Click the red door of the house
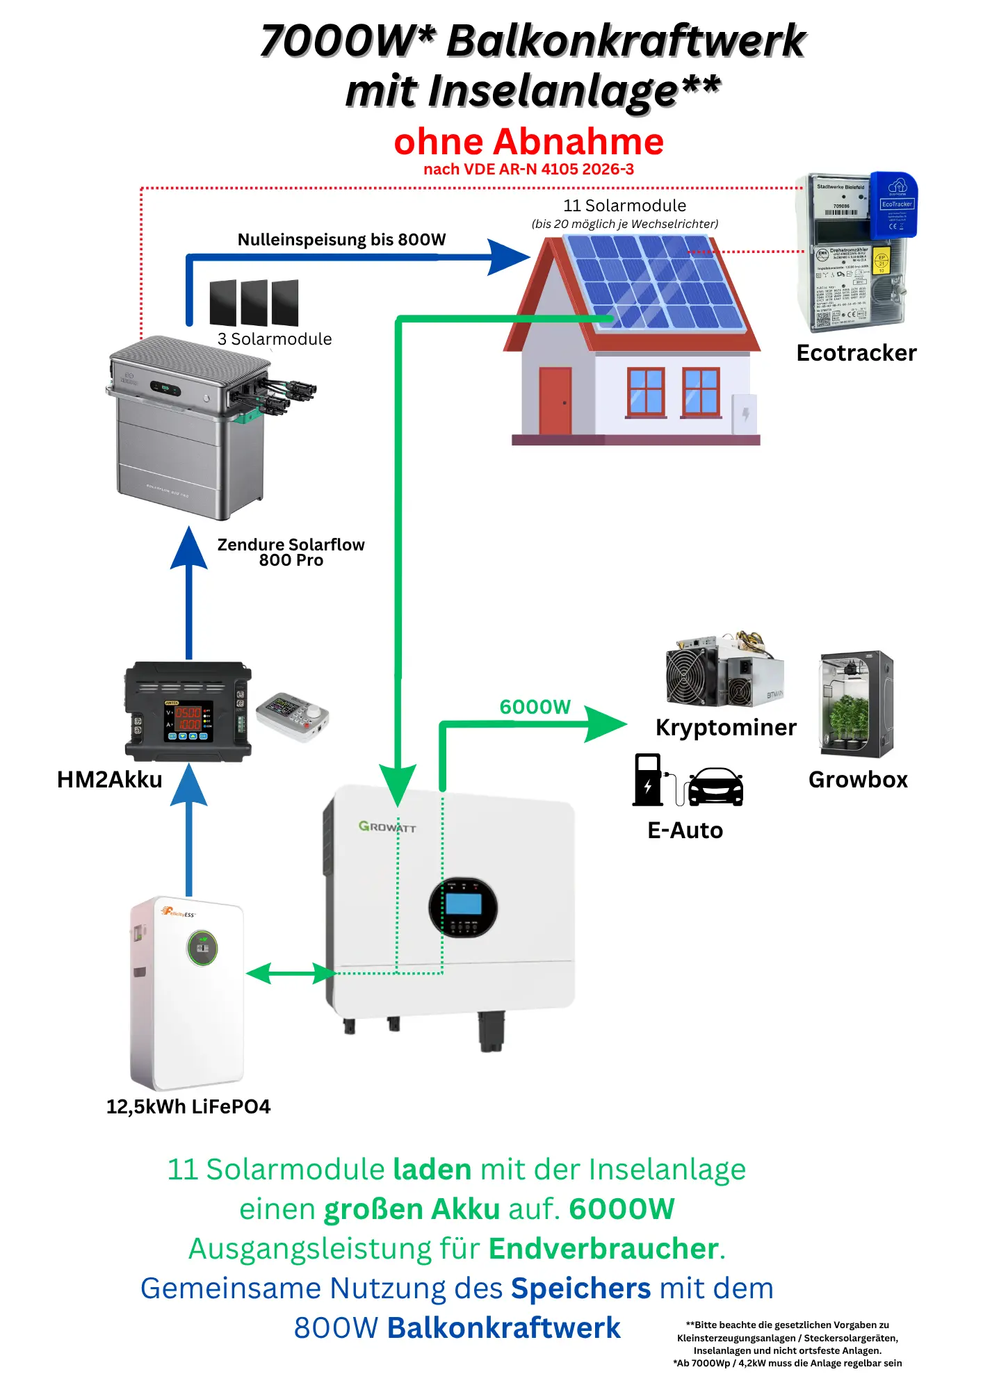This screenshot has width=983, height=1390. (x=555, y=401)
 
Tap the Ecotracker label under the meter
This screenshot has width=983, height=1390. (x=856, y=353)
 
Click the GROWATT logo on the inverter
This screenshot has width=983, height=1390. (x=387, y=826)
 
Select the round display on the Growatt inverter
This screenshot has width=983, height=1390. (x=463, y=906)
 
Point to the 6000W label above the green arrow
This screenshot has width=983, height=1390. (x=535, y=707)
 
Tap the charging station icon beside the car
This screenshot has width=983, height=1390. (x=648, y=780)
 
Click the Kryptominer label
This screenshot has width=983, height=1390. (x=725, y=728)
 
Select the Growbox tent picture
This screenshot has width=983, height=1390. (x=856, y=704)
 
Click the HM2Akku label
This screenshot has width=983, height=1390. (x=109, y=780)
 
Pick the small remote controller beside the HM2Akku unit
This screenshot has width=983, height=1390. (x=292, y=716)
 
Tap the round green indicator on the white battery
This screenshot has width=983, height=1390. (x=202, y=947)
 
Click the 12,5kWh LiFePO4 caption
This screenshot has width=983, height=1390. (x=188, y=1106)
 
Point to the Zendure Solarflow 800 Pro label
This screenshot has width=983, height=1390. (x=291, y=553)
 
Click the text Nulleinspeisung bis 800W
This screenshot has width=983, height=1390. (x=341, y=240)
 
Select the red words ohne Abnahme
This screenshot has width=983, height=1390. (x=528, y=142)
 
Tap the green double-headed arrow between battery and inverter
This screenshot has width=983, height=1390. (x=291, y=973)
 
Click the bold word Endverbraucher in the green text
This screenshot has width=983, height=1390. (x=603, y=1249)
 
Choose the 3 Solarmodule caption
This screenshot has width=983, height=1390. (x=275, y=339)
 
